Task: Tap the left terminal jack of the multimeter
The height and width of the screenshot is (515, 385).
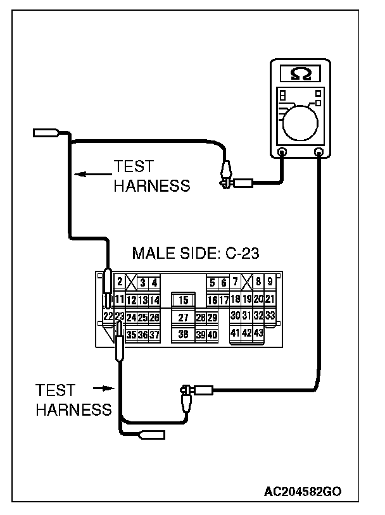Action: point(282,152)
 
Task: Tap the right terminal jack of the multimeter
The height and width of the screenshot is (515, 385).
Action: point(319,152)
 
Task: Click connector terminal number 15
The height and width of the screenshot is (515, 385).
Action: point(184,300)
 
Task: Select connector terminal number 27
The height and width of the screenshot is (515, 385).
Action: point(184,317)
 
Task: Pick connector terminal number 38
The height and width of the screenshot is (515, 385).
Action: point(184,333)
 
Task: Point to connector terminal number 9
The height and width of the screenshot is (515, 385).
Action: point(270,282)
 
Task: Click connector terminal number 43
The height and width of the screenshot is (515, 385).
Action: point(258,333)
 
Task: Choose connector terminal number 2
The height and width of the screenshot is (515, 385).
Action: point(120,282)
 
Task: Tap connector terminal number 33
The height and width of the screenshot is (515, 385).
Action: point(270,316)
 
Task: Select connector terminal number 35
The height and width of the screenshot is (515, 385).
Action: point(132,335)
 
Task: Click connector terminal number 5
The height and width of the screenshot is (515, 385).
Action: point(213,283)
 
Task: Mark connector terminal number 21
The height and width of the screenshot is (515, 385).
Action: point(269,299)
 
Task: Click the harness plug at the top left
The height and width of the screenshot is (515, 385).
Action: point(46,133)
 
